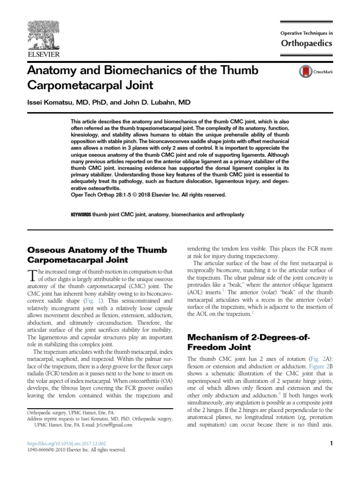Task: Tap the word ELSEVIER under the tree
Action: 42,55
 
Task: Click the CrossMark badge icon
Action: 305,72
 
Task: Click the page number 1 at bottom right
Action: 330,443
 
